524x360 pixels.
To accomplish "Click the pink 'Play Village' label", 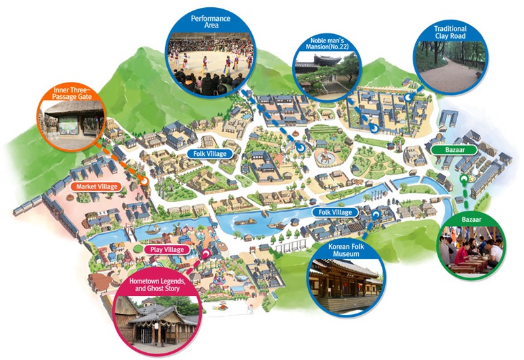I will tap(166, 249).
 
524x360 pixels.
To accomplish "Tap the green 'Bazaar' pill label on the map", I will tap(450, 150).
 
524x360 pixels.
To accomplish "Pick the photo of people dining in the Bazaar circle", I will tap(472, 251).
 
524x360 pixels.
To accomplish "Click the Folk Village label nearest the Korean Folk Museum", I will tap(335, 212).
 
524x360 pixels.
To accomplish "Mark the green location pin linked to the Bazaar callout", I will tap(464, 178).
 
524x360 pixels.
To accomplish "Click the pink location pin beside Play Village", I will tap(207, 252).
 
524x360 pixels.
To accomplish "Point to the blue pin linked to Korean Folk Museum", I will tap(375, 214).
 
